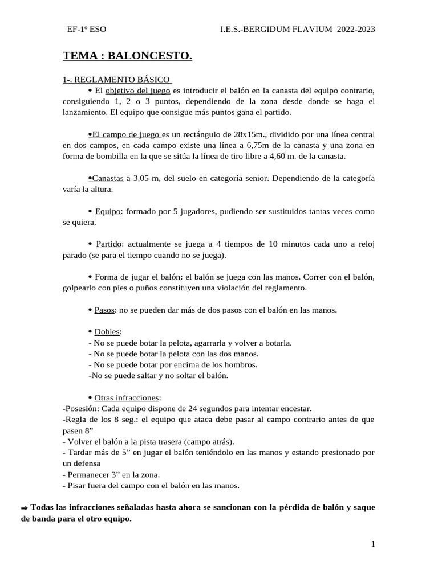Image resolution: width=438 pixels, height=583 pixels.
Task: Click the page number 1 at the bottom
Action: [373, 545]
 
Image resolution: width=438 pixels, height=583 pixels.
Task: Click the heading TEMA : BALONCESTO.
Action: [127, 56]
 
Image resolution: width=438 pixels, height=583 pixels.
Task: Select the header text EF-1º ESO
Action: [87, 30]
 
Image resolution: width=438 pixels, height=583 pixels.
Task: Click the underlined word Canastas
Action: [108, 178]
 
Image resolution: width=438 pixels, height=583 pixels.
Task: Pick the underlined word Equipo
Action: [108, 211]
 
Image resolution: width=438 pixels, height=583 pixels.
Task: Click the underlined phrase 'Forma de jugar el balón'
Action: [137, 277]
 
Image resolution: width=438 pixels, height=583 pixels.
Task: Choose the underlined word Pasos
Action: [104, 310]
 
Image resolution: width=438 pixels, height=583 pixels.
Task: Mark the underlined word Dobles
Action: [107, 332]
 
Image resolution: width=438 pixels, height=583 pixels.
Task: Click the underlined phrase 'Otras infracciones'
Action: [127, 397]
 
